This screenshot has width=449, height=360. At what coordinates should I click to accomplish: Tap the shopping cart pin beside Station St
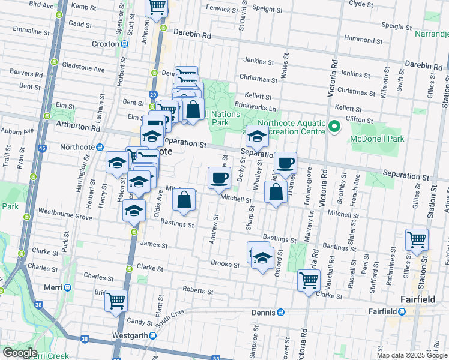click(417, 240)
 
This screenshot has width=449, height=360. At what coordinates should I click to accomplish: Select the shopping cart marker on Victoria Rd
click(309, 280)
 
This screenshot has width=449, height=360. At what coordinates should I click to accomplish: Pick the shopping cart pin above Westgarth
click(116, 301)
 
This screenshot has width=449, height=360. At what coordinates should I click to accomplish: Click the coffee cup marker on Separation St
click(286, 163)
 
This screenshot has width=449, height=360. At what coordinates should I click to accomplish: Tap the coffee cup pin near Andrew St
click(219, 178)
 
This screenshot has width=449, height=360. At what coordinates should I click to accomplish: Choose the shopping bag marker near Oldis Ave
click(184, 200)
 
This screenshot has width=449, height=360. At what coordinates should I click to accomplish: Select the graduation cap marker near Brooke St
click(262, 257)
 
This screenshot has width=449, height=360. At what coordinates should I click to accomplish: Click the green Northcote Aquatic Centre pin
click(334, 127)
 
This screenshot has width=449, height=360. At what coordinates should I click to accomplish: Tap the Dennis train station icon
click(280, 312)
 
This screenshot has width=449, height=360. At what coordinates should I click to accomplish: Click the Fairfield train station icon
click(402, 311)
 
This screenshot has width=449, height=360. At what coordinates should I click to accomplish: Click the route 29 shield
click(153, 95)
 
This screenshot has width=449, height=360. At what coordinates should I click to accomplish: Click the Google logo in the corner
click(19, 353)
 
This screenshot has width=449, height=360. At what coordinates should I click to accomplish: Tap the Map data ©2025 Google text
click(411, 355)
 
